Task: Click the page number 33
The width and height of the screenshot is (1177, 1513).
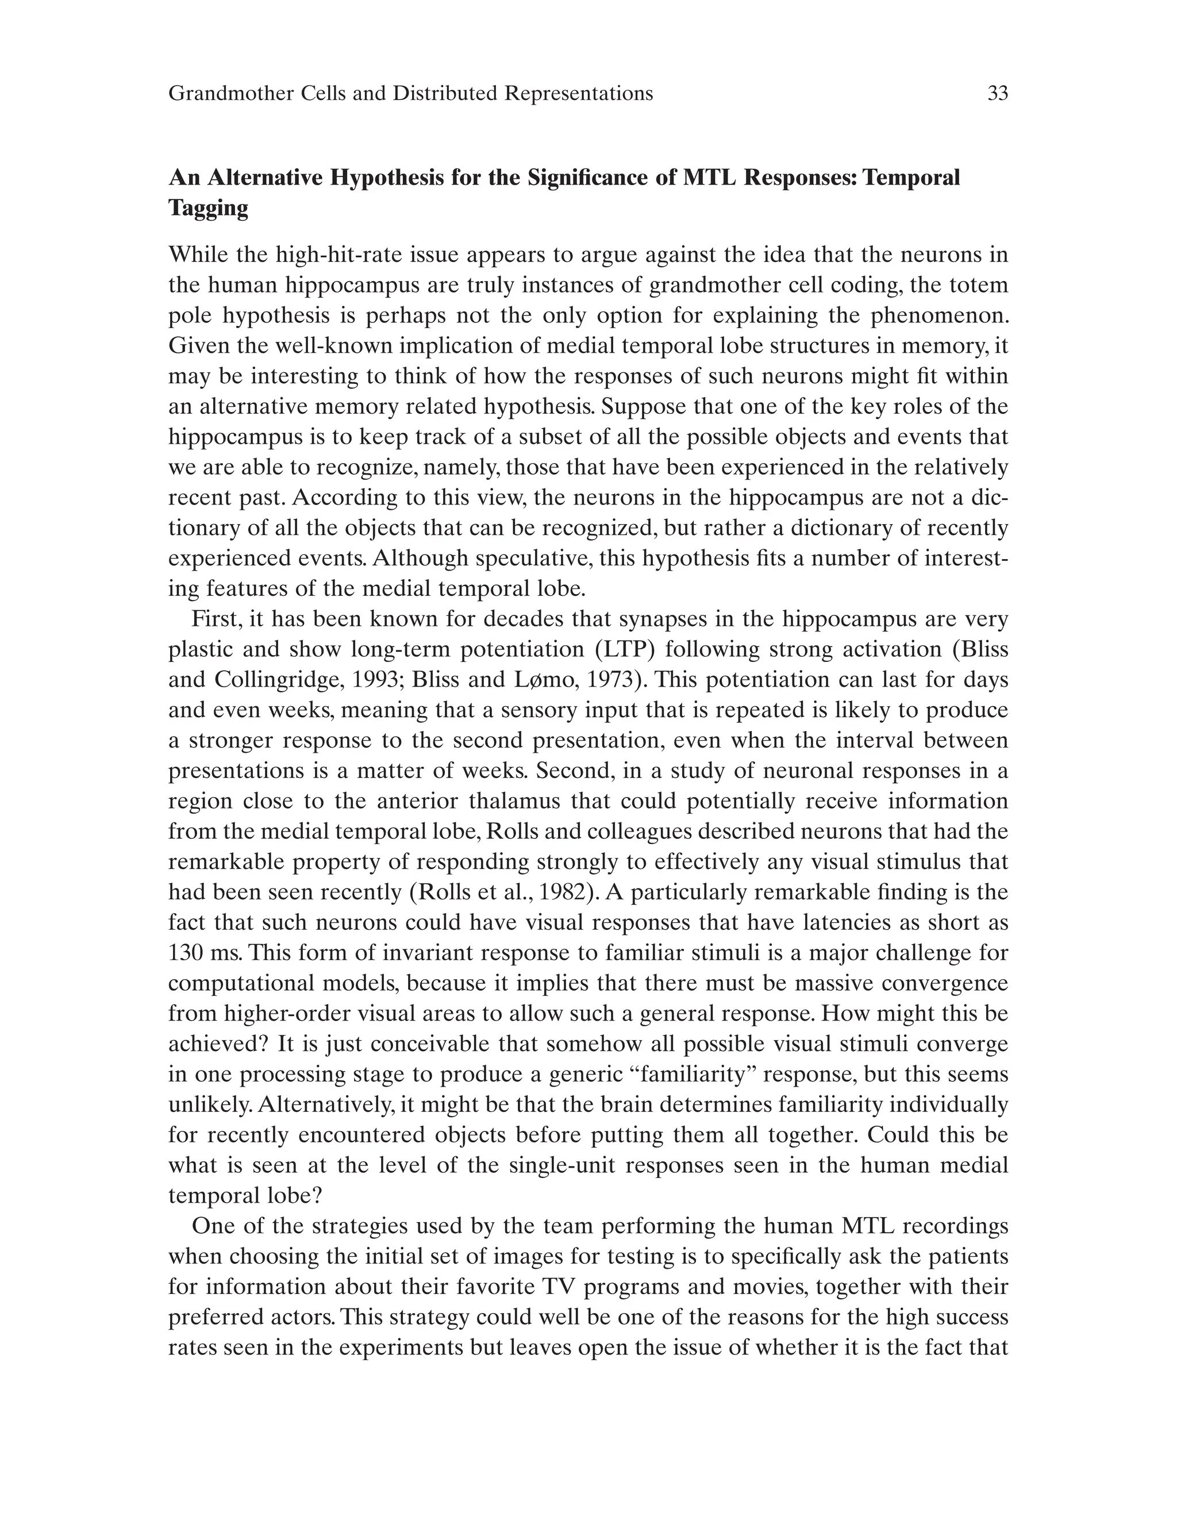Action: pyautogui.click(x=997, y=94)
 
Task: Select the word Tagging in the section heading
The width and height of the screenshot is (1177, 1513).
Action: pyautogui.click(x=209, y=208)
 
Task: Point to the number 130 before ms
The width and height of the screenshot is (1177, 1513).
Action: pyautogui.click(x=188, y=953)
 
